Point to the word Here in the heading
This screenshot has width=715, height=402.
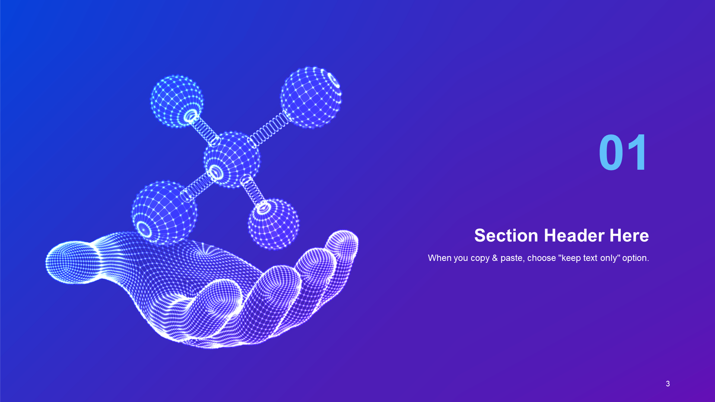(629, 236)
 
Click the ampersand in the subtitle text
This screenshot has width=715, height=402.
(495, 258)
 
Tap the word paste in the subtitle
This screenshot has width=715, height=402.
(512, 258)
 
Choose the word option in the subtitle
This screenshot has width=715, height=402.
(637, 258)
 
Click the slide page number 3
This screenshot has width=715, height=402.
(668, 384)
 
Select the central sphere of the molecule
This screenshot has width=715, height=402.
(232, 159)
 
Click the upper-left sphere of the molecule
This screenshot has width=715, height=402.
(177, 101)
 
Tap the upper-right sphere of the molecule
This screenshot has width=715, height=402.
(311, 98)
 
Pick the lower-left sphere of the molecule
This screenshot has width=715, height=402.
(164, 213)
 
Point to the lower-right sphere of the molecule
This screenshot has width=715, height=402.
(273, 224)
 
